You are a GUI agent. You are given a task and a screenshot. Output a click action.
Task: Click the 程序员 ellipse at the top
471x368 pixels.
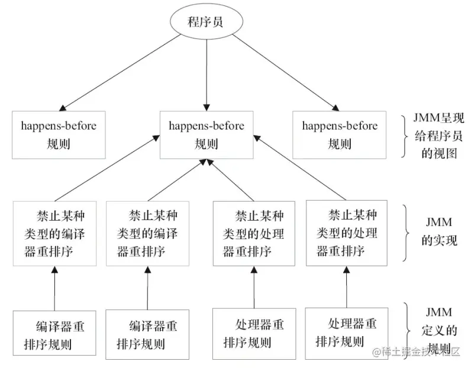coord(206,22)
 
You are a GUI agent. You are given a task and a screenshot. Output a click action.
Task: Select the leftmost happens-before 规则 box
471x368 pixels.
coord(58,134)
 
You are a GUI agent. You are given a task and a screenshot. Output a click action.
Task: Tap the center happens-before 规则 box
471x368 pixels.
coord(206,134)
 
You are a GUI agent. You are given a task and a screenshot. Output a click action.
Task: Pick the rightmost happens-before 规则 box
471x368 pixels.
coord(340,134)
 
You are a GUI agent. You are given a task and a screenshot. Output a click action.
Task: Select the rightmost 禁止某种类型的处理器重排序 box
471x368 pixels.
coord(346,233)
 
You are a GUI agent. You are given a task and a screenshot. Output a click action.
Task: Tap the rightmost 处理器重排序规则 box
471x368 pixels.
coord(346,333)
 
